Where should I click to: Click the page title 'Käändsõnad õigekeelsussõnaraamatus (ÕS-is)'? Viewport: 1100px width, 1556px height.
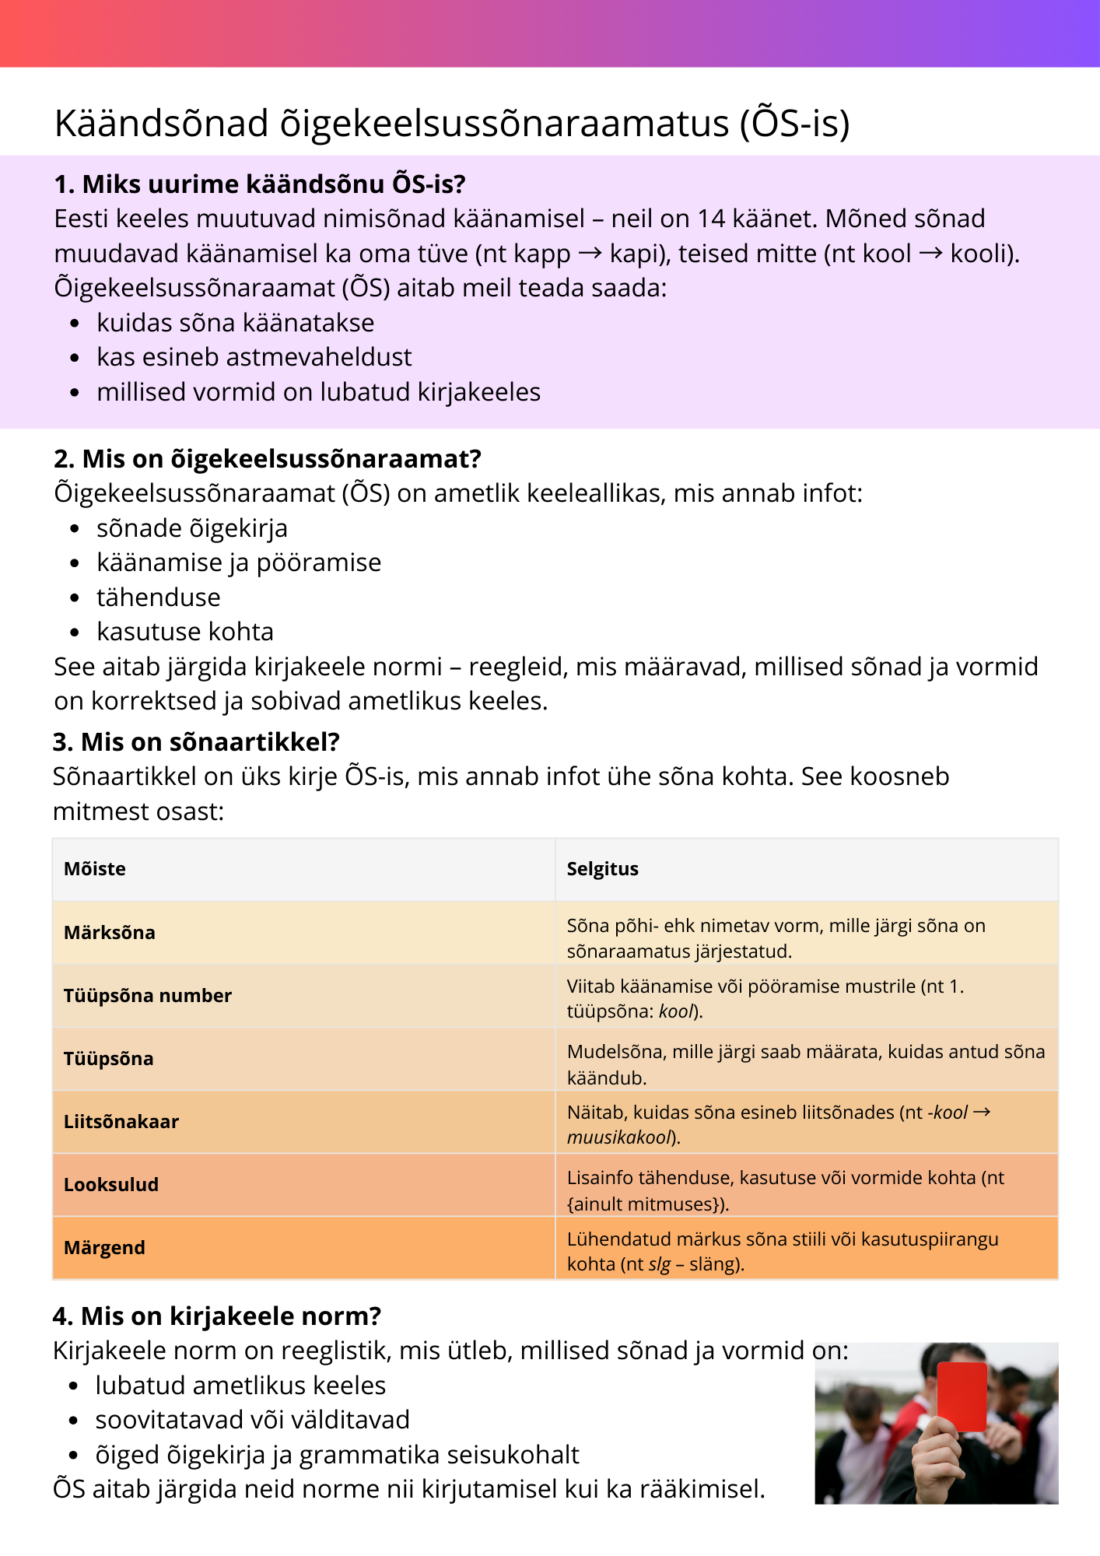point(451,124)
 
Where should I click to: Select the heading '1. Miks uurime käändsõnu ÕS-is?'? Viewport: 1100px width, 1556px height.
point(259,184)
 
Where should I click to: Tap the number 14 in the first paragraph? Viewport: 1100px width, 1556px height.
point(712,219)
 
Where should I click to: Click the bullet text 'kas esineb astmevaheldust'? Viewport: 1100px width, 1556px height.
point(254,357)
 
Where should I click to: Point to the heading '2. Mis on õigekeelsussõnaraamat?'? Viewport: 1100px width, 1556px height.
point(267,459)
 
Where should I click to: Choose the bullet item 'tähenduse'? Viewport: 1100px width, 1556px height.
point(159,598)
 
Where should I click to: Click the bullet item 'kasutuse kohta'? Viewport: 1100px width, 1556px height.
point(185,632)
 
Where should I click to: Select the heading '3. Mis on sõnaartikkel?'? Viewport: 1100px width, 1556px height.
point(196,742)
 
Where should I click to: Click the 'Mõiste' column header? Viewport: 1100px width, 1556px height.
point(94,869)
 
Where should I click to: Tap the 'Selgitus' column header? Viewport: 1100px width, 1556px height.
point(602,869)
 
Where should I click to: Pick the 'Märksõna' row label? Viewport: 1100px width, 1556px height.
point(110,933)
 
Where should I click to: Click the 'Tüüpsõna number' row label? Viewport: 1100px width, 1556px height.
point(148,996)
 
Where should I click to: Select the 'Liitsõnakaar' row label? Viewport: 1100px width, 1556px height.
point(121,1122)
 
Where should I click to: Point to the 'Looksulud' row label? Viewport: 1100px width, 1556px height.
point(111,1185)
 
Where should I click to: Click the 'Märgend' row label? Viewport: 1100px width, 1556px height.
point(104,1248)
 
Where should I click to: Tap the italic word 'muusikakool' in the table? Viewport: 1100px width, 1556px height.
point(618,1137)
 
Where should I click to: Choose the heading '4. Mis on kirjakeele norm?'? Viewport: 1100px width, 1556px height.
point(217,1316)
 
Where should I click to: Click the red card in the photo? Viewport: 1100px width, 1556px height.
point(962,1397)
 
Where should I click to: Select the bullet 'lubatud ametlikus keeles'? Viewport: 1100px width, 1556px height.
point(240,1386)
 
